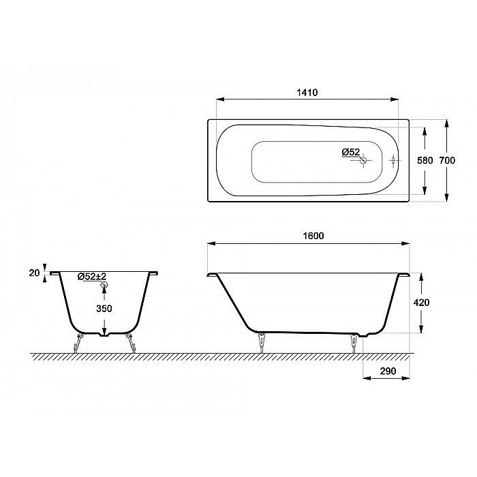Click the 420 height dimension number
click(x=422, y=302)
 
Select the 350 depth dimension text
click(x=104, y=308)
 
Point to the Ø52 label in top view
click(x=350, y=152)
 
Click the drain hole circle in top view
click(x=364, y=161)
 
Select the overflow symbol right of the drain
click(x=394, y=161)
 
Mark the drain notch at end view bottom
click(x=104, y=334)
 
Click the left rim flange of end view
click(x=55, y=273)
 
